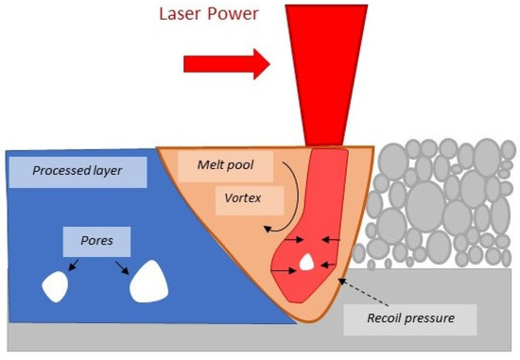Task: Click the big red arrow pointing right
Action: click(x=226, y=63)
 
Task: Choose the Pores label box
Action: click(x=96, y=242)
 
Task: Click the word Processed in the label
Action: click(x=67, y=171)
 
